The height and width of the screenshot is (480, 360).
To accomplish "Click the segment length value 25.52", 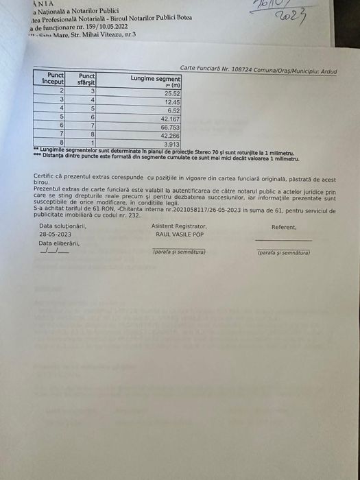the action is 172,93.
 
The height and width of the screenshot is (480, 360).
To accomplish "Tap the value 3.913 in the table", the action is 171,145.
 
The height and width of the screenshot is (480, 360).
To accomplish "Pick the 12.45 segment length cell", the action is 172,101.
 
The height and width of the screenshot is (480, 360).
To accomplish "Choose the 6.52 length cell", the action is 173,110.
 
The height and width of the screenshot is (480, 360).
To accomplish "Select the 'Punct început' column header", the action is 54,77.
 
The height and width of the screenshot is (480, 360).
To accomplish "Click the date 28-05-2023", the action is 55,235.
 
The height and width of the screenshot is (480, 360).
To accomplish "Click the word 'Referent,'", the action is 284,227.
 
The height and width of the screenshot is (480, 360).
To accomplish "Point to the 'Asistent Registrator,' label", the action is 179,226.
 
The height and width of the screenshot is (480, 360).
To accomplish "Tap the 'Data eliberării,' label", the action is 59,243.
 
